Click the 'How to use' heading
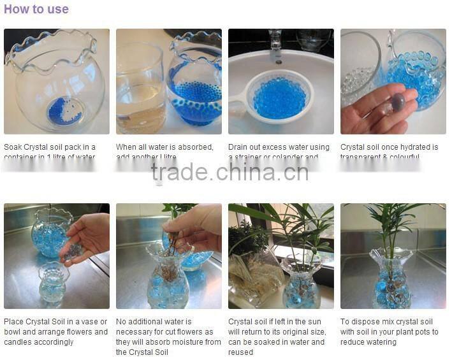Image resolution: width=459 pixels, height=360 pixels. point(36,10)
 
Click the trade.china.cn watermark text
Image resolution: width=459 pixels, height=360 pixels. point(229,172)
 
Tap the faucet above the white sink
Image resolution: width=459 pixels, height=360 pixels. point(275,45)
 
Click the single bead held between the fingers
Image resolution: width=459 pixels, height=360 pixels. point(398,102)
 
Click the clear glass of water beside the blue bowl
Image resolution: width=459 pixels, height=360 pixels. point(140,89)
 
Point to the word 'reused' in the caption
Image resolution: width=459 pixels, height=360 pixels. point(242,352)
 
